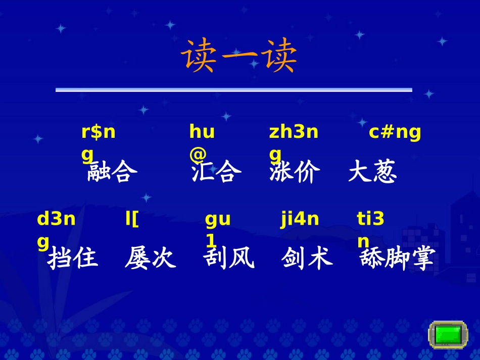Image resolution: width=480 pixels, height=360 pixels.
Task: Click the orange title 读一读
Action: click(x=239, y=56)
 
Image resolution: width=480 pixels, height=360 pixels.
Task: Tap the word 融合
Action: click(x=112, y=172)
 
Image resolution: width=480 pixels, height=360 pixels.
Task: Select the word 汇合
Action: click(x=216, y=172)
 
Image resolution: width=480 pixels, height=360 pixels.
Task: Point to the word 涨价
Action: click(x=295, y=172)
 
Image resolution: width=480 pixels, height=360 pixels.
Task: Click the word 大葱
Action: click(x=372, y=172)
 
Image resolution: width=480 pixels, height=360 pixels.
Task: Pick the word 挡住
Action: click(x=73, y=259)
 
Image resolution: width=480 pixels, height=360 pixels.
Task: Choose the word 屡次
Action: click(x=150, y=259)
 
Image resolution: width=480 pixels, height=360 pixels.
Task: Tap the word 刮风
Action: click(x=228, y=259)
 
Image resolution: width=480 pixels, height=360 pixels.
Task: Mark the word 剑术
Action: click(x=307, y=259)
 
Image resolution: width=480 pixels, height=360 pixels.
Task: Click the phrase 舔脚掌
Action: click(x=397, y=259)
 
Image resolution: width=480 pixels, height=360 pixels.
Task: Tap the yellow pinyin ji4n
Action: click(x=300, y=220)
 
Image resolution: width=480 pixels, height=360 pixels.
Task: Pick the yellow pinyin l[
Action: click(x=132, y=220)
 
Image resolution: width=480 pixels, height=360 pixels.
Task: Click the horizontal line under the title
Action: click(x=233, y=90)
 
